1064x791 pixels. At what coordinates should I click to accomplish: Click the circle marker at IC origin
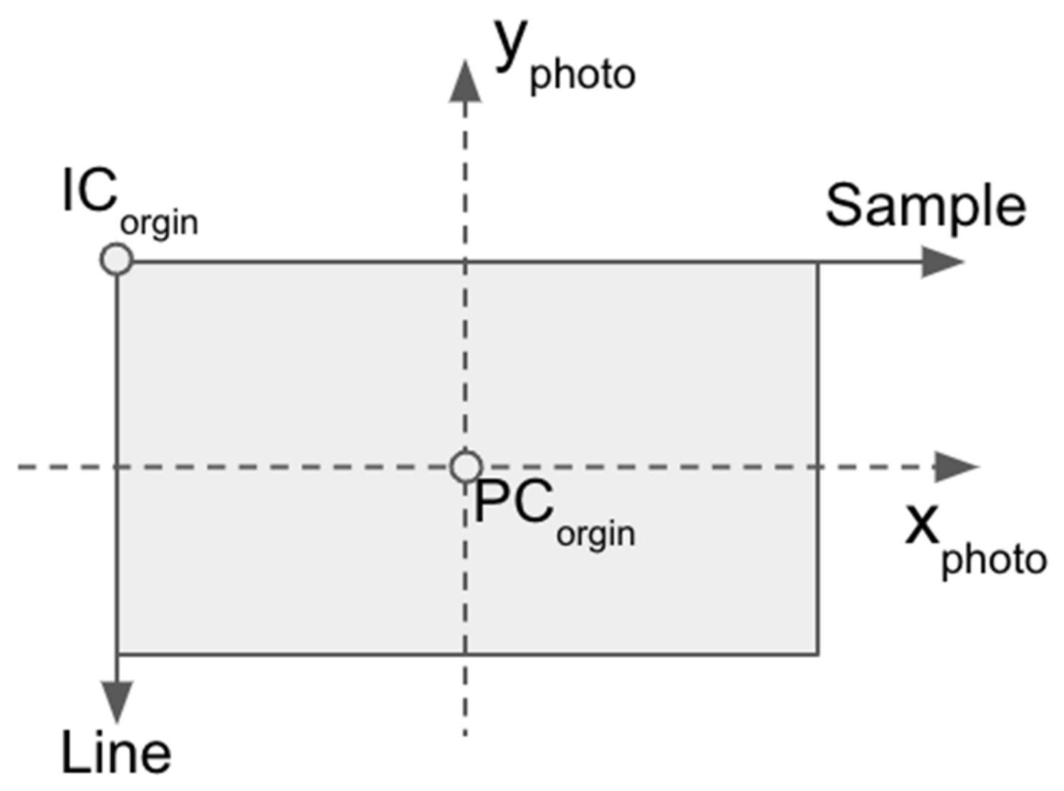(x=116, y=259)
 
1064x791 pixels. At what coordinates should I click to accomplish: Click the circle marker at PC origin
(x=466, y=467)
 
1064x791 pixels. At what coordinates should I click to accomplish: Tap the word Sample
(x=925, y=206)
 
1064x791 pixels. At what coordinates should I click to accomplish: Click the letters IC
(x=90, y=191)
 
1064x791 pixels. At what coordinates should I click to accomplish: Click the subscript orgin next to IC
(x=159, y=224)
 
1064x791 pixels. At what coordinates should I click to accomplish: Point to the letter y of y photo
(x=511, y=44)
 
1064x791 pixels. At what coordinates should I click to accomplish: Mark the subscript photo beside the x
(x=994, y=560)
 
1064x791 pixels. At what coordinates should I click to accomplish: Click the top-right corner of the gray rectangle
(x=818, y=262)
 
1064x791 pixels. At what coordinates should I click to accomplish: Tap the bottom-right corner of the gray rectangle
(x=818, y=653)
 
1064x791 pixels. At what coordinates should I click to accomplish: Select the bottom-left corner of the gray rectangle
(x=118, y=653)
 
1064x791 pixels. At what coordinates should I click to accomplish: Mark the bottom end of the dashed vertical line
(x=465, y=734)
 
